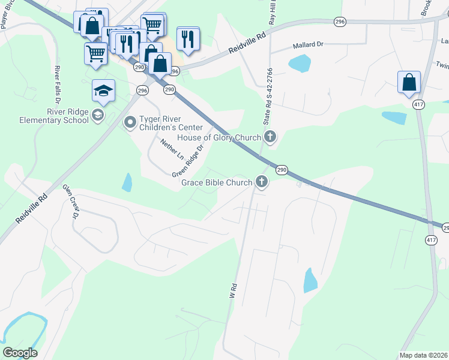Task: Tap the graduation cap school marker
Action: (x=103, y=92)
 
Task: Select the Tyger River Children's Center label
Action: (x=171, y=124)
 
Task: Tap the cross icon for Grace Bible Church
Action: (x=261, y=181)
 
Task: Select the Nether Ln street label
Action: (x=172, y=149)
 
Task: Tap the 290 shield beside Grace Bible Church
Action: (x=282, y=170)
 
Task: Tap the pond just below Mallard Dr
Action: (x=299, y=63)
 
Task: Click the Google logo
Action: (x=20, y=353)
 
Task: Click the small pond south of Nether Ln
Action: (x=127, y=182)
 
